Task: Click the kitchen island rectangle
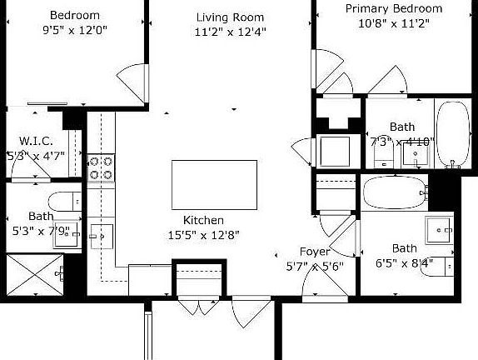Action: [214, 185]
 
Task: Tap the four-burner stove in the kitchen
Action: [101, 167]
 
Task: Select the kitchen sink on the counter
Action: [102, 237]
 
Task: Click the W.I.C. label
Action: [36, 140]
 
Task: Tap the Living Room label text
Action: [230, 17]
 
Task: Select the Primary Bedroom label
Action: [394, 8]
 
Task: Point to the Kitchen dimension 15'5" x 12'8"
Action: [205, 234]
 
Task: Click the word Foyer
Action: [315, 251]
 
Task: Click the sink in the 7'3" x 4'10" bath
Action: [413, 157]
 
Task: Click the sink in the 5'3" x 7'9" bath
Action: [67, 236]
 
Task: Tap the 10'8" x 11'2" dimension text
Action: [394, 24]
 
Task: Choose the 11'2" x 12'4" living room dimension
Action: [230, 32]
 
